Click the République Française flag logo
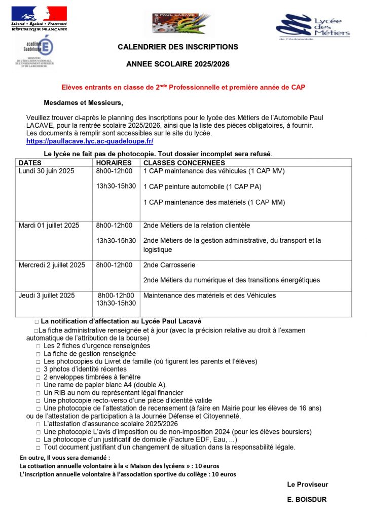coord(39,18)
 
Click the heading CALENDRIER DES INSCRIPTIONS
coord(178,47)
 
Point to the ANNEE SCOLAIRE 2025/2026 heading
coord(178,64)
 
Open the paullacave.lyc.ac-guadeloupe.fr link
coord(90,141)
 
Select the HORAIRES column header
coord(114,163)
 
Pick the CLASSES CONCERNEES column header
coord(185,163)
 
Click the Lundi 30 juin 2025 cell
coord(46,171)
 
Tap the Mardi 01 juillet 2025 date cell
coord(49,226)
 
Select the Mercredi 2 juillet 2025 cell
coord(52,265)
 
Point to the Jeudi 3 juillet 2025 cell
coord(47,295)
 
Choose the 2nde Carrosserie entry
coord(169,265)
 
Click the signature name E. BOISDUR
coord(307,500)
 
